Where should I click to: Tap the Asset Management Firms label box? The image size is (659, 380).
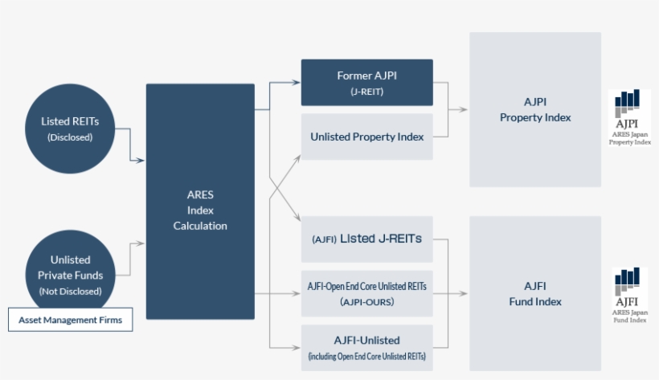[x=70, y=320]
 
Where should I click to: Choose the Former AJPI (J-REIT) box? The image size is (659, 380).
[x=366, y=82]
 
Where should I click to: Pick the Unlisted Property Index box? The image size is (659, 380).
[x=366, y=137]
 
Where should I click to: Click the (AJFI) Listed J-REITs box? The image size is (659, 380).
[x=366, y=239]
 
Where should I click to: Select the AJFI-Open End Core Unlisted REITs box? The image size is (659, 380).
[x=366, y=293]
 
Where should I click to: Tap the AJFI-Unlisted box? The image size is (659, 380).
[x=366, y=347]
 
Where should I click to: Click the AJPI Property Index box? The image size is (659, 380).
[x=535, y=110]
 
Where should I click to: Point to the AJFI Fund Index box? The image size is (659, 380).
[x=535, y=294]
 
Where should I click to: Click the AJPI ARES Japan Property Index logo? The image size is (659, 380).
[x=629, y=117]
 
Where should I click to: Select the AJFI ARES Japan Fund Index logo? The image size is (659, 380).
[x=629, y=296]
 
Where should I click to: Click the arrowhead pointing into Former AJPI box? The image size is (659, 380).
[x=297, y=82]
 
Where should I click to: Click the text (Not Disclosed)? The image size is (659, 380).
[x=71, y=290]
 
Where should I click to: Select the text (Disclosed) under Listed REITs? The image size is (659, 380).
[x=70, y=137]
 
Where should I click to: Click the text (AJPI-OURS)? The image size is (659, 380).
[x=366, y=303]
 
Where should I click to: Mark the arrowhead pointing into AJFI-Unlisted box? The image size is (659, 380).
[x=297, y=347]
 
